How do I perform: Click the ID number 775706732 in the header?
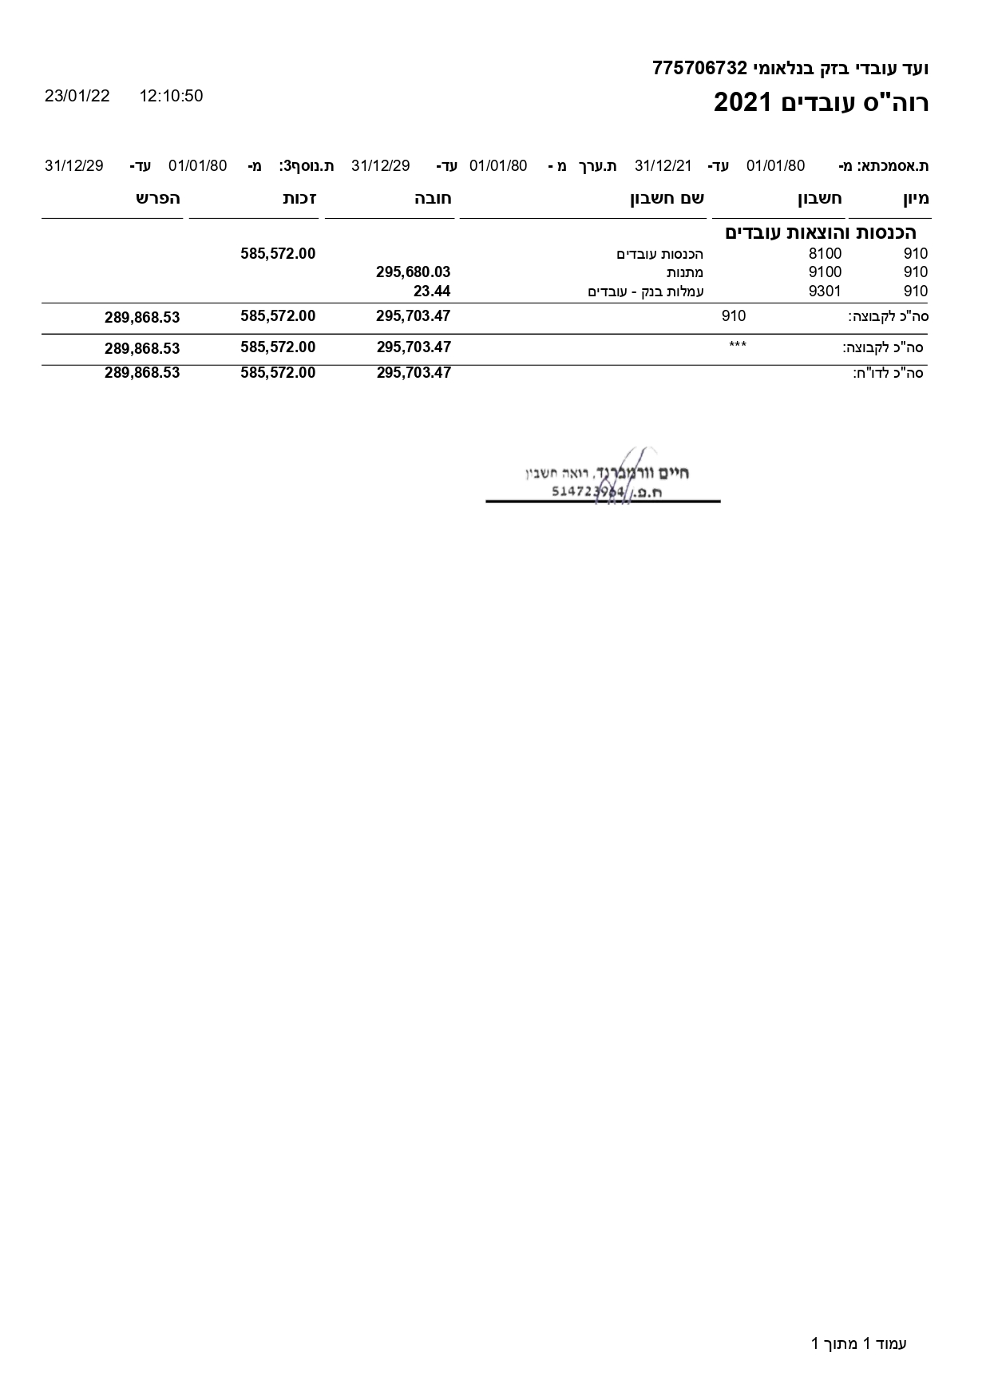point(699,68)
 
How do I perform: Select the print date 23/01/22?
point(77,96)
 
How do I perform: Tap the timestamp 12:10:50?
point(171,96)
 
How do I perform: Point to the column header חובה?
point(433,199)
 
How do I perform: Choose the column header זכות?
point(299,199)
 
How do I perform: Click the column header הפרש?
point(158,199)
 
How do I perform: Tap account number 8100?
point(825,254)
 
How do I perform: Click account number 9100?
point(825,272)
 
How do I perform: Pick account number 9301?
point(825,292)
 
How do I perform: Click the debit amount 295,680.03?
point(413,272)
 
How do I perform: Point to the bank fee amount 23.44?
point(432,292)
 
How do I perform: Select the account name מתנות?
point(685,272)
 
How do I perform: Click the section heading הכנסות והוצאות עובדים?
point(820,233)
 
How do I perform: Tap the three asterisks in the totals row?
point(738,346)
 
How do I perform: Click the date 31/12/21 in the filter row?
point(663,166)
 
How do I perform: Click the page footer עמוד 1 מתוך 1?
point(859,1343)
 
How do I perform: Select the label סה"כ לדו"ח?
point(888,373)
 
